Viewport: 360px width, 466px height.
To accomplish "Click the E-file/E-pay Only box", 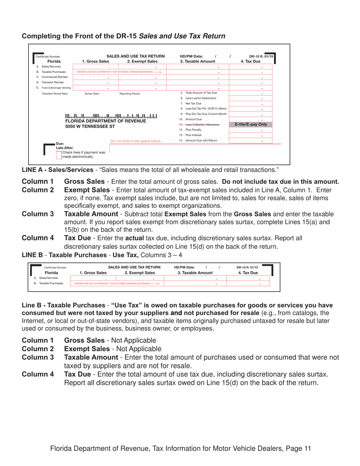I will (x=251, y=124).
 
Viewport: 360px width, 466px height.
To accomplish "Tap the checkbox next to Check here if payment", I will (x=59, y=154).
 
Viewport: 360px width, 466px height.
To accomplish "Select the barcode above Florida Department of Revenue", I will (x=111, y=116).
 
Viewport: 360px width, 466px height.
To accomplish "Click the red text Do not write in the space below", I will (x=136, y=141).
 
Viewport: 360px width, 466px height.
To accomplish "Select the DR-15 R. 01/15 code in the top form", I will (x=261, y=56).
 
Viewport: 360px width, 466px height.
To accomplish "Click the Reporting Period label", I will (x=129, y=93).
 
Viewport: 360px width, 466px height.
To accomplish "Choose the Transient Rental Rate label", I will (x=55, y=93).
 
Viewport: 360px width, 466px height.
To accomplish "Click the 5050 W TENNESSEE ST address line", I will (x=90, y=126).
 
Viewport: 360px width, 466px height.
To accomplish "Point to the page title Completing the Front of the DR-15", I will (x=124, y=36).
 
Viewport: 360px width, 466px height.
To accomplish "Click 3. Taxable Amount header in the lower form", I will (x=195, y=272).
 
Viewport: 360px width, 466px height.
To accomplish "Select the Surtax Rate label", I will (x=92, y=93).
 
